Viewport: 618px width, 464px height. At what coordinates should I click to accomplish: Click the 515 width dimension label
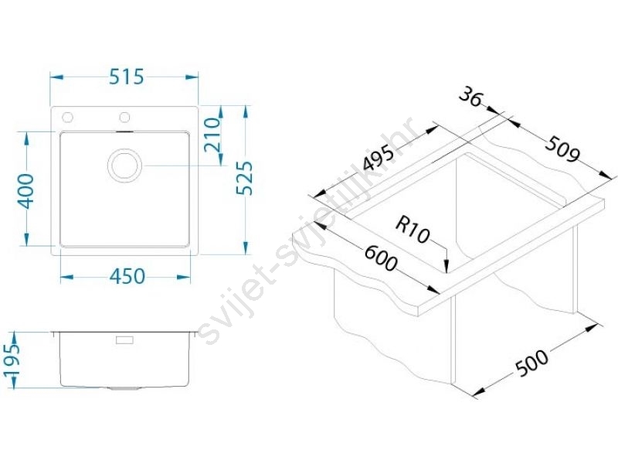click(127, 77)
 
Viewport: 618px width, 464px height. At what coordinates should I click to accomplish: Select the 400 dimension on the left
click(27, 191)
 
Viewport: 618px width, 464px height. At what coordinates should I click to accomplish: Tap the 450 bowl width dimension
click(127, 277)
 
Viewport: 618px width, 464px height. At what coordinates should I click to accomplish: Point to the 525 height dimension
click(244, 178)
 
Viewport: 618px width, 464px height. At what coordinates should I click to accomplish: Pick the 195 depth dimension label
click(12, 360)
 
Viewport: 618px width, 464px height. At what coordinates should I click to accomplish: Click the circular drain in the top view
click(124, 165)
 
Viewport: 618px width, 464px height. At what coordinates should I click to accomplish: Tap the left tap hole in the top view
click(67, 118)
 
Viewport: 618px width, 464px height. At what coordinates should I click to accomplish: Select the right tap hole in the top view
click(125, 118)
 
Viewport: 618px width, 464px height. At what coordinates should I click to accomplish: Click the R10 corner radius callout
click(413, 230)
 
